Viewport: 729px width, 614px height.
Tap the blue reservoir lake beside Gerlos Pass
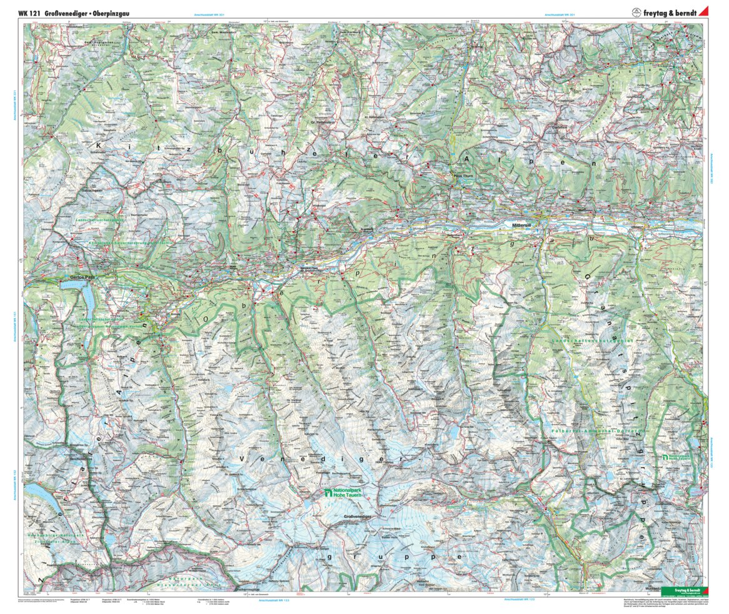[x=89, y=302]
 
